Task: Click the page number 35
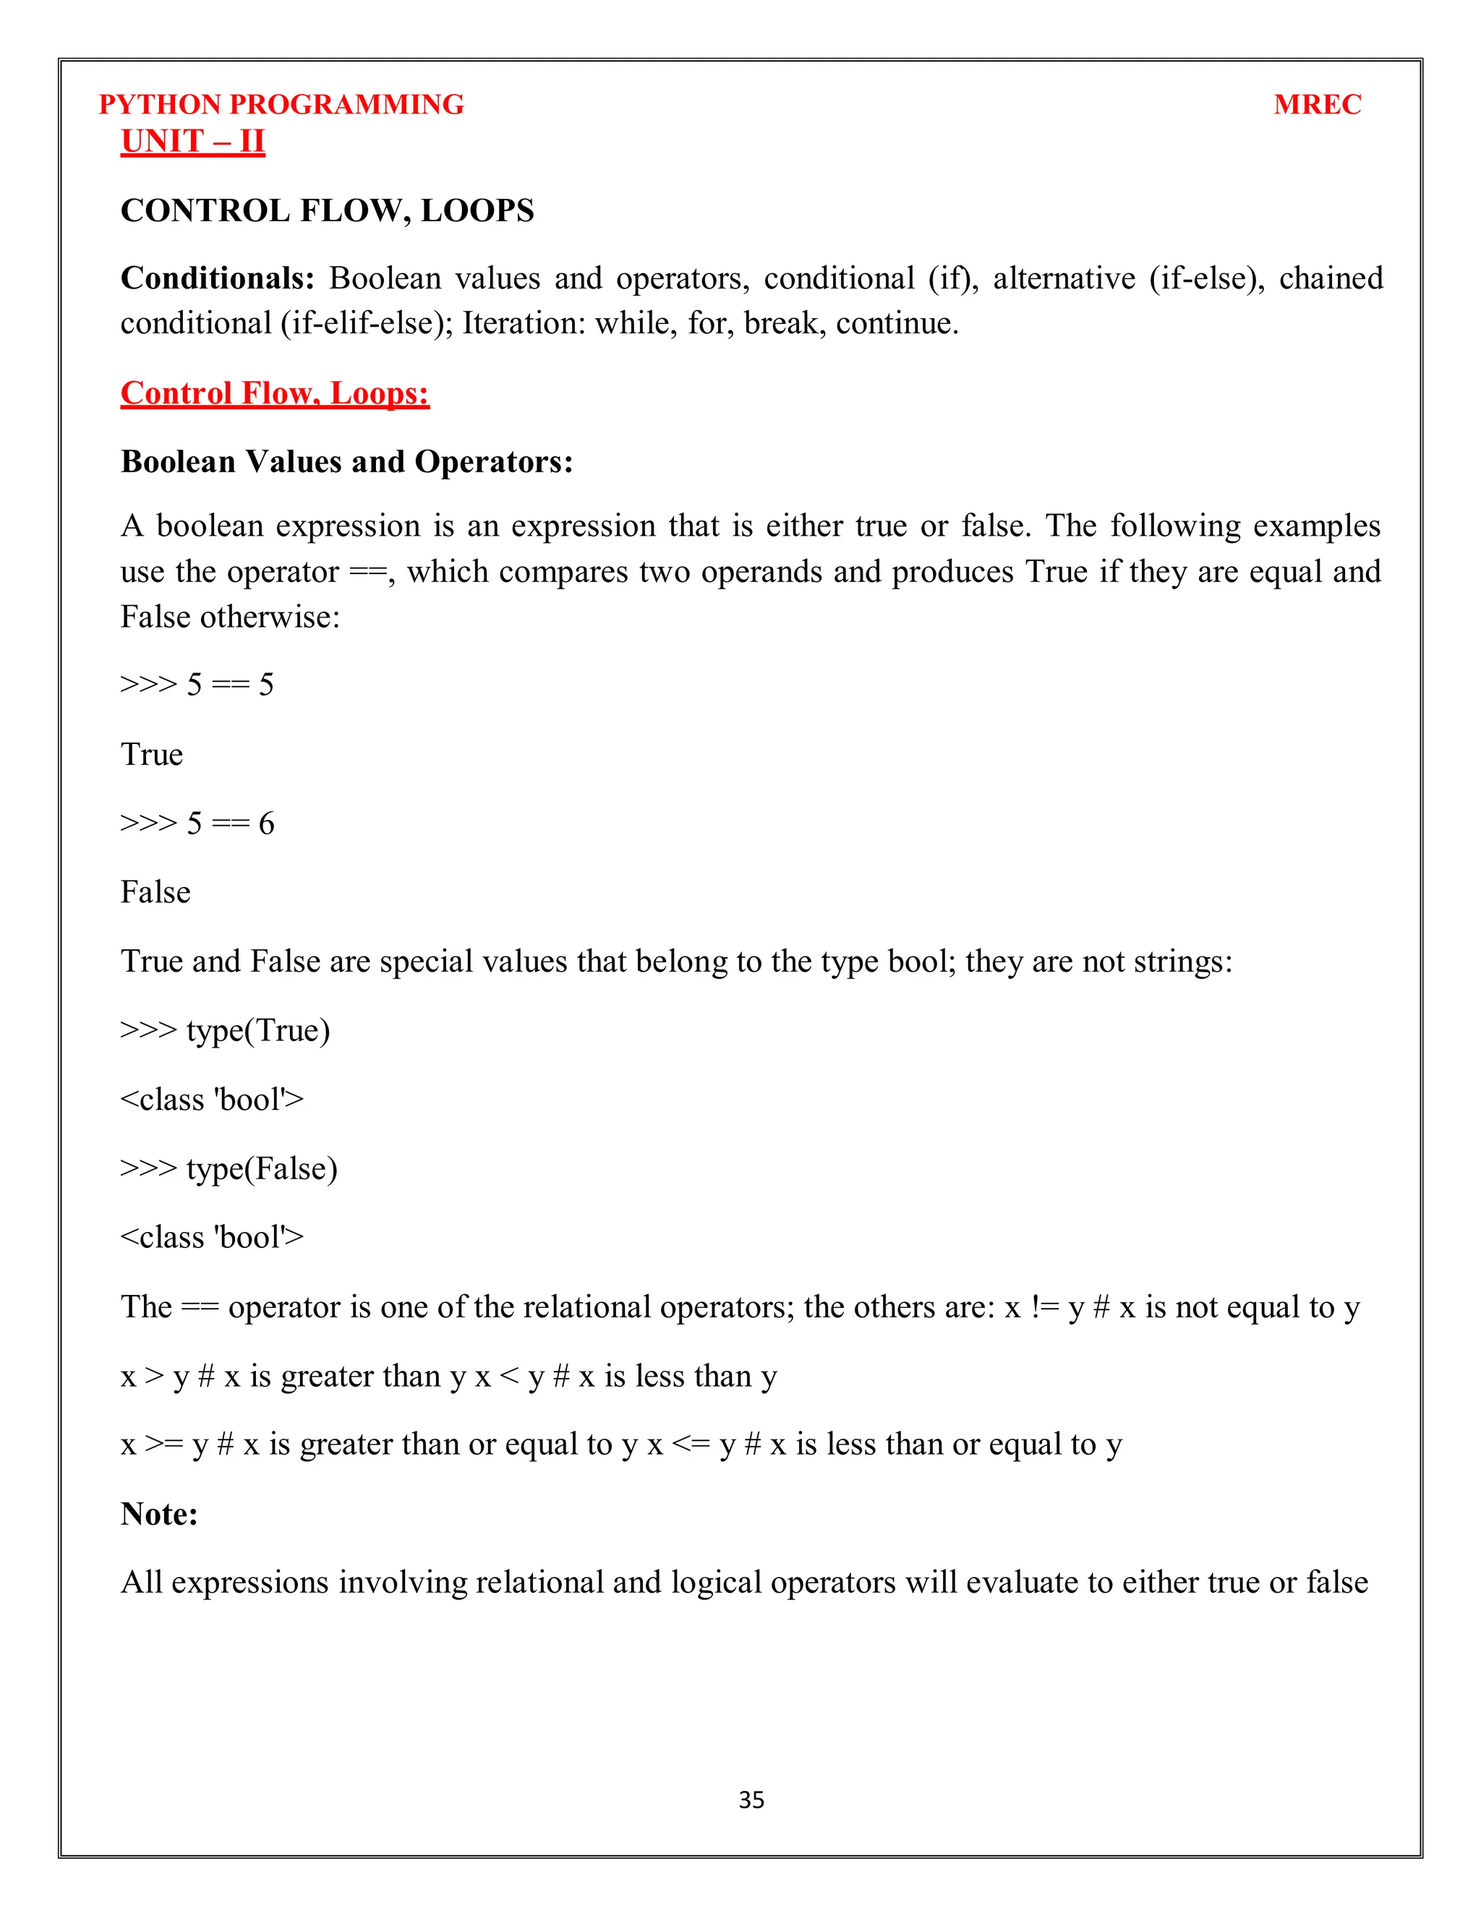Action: coord(751,1800)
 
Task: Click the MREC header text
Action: coord(1317,104)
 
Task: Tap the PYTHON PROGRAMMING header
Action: coord(281,104)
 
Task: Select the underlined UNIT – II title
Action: coord(192,141)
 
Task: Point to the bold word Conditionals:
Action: coord(217,278)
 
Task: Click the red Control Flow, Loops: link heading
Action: coord(275,393)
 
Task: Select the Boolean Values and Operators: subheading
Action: coord(346,461)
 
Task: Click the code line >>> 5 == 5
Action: coord(197,684)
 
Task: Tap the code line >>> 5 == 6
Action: coord(197,823)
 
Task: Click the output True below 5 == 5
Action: coord(152,754)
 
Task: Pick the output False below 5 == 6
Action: coord(155,892)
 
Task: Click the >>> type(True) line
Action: coord(225,1030)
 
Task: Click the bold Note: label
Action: coord(159,1513)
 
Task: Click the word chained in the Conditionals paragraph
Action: coord(1330,278)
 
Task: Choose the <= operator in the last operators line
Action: coord(690,1445)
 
